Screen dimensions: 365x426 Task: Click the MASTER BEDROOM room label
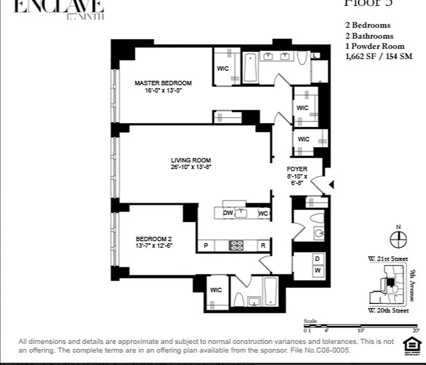pos(163,83)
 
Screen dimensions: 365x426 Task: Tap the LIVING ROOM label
pos(191,160)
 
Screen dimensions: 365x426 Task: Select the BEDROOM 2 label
pos(154,239)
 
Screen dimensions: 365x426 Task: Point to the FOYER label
pos(297,169)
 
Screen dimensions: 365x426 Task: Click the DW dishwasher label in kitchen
pos(228,213)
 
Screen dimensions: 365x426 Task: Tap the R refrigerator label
pos(263,245)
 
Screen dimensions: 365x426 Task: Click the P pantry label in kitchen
pos(206,245)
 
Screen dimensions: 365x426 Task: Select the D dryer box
pos(317,259)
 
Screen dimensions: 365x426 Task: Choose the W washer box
pos(317,271)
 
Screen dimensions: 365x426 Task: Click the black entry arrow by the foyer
pos(332,184)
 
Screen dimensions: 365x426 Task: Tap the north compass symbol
pos(398,238)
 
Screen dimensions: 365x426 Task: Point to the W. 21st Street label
pos(388,259)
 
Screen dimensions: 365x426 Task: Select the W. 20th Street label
pos(388,310)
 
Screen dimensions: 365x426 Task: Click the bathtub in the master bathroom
pos(250,68)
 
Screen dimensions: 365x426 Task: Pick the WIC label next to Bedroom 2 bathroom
pos(216,290)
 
